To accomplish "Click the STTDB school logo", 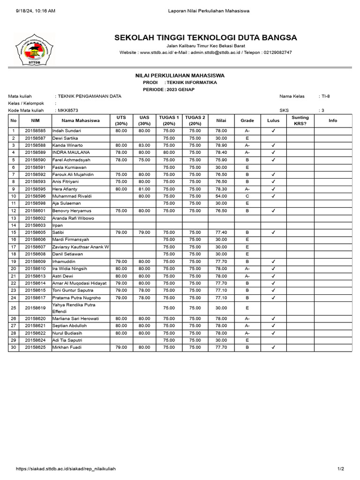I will coord(35,49).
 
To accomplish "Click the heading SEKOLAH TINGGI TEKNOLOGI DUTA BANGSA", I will coord(205,37).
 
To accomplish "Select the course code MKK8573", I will coord(68,111).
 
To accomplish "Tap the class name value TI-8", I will coord(325,96).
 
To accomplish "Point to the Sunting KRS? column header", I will coord(300,120).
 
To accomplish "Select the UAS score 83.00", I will coord(144,145).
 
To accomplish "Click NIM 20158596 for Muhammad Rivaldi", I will coord(35,196).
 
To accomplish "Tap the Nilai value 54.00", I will coord(221,196).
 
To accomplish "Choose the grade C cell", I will coord(247,196).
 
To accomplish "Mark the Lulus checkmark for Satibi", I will coord(273,232).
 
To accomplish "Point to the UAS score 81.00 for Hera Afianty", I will coord(144,189).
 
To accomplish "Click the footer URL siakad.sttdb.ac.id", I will coord(66,469).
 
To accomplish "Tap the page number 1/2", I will coord(341,469).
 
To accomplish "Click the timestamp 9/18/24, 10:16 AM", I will coord(35,10).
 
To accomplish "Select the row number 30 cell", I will coord(14,347).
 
